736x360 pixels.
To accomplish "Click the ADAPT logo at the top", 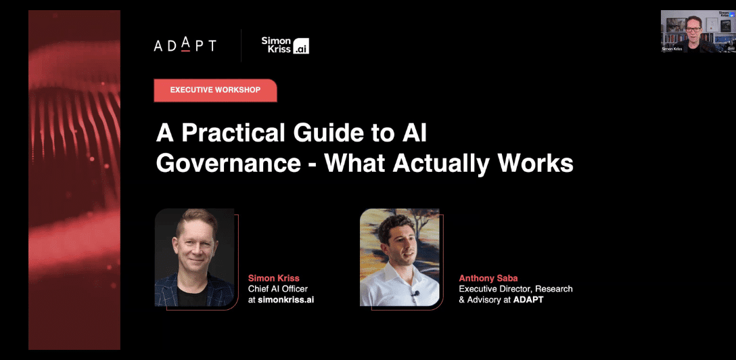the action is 185,45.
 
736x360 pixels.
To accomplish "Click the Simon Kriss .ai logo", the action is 285,45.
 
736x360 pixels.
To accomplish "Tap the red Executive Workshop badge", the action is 215,90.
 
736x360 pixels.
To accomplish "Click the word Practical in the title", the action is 233,134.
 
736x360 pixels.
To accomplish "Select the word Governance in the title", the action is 228,163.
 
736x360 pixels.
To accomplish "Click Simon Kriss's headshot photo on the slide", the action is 194,257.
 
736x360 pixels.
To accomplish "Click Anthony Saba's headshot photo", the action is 399,257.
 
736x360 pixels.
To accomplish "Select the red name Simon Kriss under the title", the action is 274,278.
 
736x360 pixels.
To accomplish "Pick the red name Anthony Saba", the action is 488,278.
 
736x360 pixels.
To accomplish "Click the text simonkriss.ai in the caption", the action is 286,300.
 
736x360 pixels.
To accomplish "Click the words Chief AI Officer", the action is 278,289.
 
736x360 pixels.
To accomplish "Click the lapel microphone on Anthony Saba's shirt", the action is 414,294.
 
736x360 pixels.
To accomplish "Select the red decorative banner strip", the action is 74,180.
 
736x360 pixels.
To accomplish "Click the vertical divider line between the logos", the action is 241,45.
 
